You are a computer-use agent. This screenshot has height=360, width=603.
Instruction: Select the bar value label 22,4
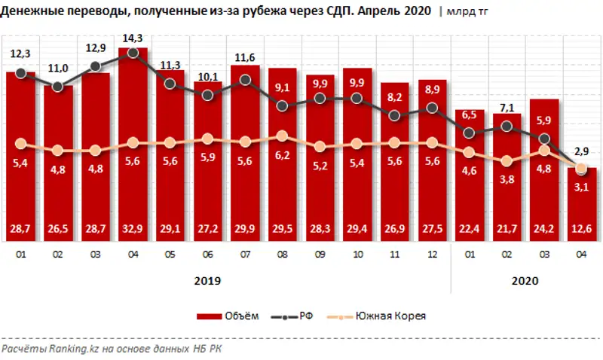[x=470, y=229]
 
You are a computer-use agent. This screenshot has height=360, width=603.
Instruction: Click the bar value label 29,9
[x=245, y=229]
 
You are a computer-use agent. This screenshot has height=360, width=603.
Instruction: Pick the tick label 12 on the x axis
[x=432, y=255]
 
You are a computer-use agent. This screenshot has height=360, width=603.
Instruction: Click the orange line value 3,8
[x=507, y=179]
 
